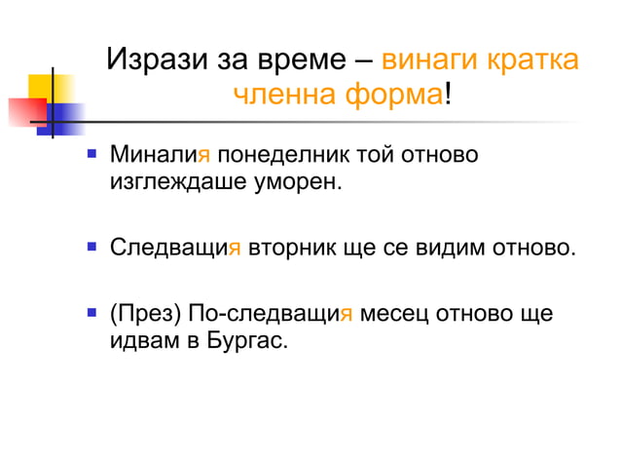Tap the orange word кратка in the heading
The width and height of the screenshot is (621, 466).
pyautogui.click(x=537, y=59)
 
